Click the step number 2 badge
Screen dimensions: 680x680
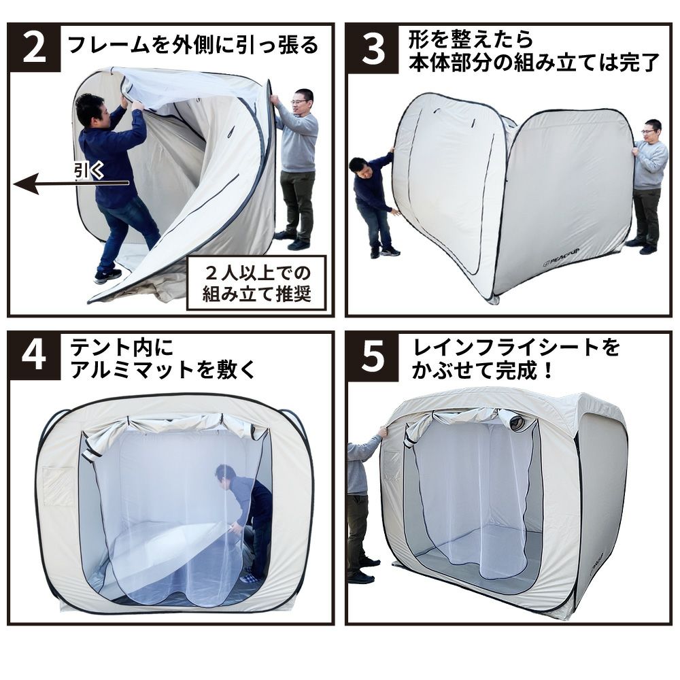click(34, 48)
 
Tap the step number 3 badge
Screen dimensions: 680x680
click(372, 48)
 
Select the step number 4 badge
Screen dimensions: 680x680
click(34, 356)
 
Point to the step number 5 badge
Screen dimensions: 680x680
click(372, 356)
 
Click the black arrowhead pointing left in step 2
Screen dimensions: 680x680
click(26, 184)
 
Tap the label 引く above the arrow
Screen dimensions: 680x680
click(89, 171)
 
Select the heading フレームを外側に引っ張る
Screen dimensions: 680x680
click(193, 46)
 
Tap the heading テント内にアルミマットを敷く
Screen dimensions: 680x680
click(163, 358)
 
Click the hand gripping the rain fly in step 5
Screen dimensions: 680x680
click(382, 432)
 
